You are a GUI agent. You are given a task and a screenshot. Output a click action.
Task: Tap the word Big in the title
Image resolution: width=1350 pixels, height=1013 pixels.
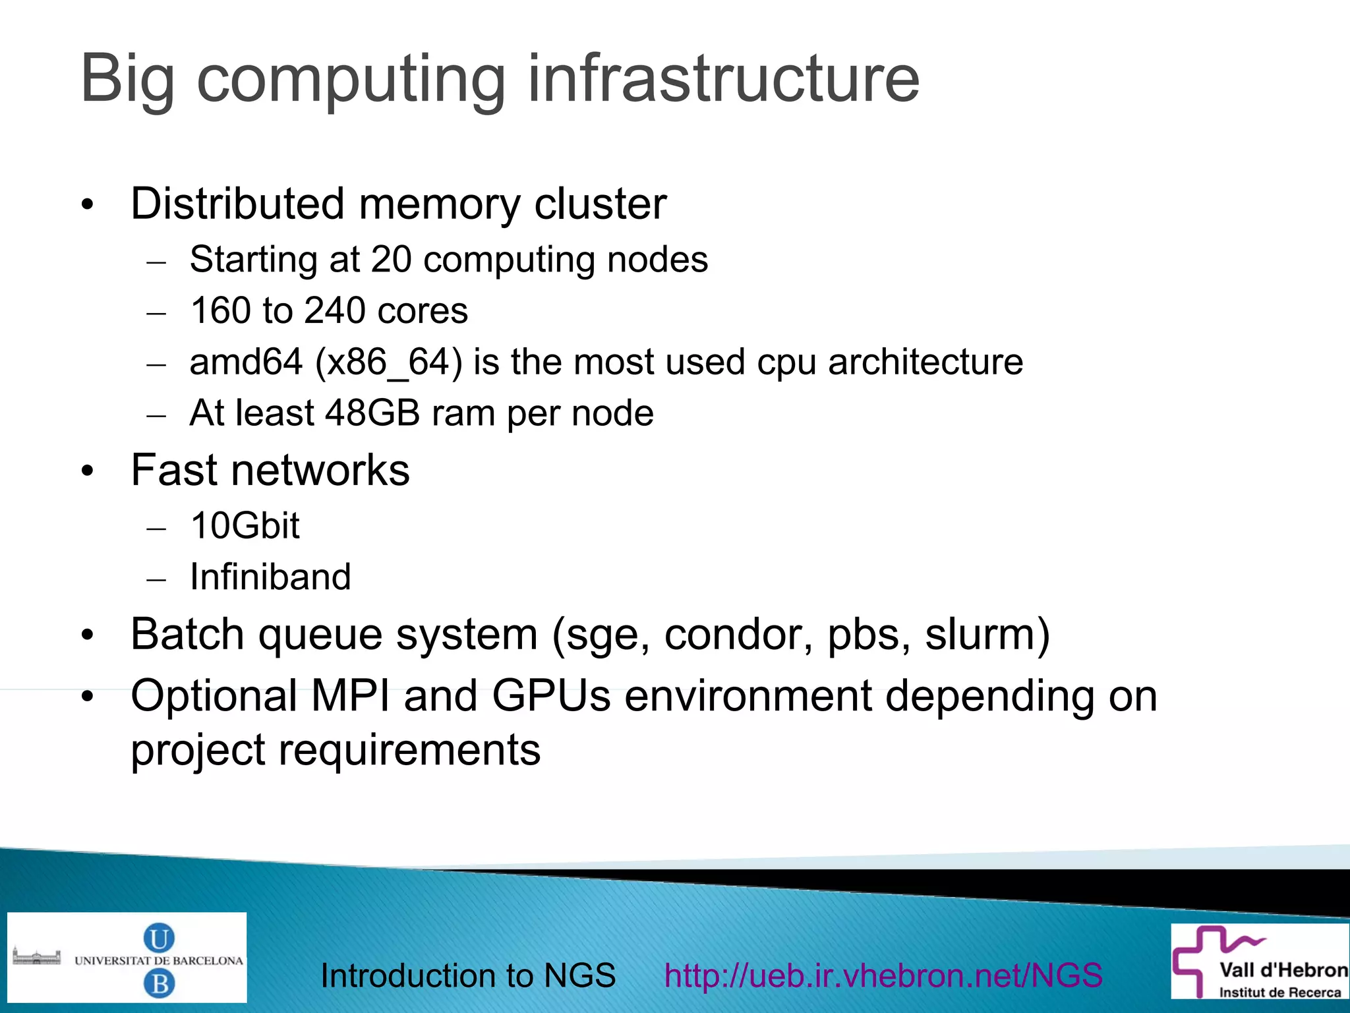127,80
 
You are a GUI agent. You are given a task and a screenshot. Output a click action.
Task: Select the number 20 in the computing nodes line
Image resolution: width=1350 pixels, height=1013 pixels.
391,260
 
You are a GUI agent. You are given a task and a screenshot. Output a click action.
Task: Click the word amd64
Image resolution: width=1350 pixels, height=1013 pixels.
246,362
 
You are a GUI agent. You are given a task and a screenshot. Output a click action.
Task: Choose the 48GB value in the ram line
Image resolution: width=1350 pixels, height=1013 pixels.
372,414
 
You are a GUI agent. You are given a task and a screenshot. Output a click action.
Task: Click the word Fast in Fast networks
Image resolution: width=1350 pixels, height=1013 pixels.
174,471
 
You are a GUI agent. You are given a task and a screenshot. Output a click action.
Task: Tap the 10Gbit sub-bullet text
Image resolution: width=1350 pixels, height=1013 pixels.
245,526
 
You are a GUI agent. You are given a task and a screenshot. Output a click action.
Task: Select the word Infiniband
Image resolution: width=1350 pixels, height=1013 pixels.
270,577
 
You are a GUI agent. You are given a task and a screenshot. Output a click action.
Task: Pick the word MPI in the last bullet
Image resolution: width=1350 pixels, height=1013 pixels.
351,696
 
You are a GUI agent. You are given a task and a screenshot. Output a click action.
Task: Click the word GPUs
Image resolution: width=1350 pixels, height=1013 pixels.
551,696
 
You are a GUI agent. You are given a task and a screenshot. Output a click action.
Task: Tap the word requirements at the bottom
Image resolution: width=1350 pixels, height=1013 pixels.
409,751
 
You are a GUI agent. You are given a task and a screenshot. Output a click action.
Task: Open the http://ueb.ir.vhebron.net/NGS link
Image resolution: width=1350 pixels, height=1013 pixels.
883,975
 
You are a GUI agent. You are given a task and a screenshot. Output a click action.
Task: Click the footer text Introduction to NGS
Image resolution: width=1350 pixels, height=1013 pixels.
468,975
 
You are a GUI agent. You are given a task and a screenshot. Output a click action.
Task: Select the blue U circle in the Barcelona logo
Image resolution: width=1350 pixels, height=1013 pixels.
159,937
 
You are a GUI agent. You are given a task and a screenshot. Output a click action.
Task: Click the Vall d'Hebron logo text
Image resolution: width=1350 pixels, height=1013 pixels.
1283,970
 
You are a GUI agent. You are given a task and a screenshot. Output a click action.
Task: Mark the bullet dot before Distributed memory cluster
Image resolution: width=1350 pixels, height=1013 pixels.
88,205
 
